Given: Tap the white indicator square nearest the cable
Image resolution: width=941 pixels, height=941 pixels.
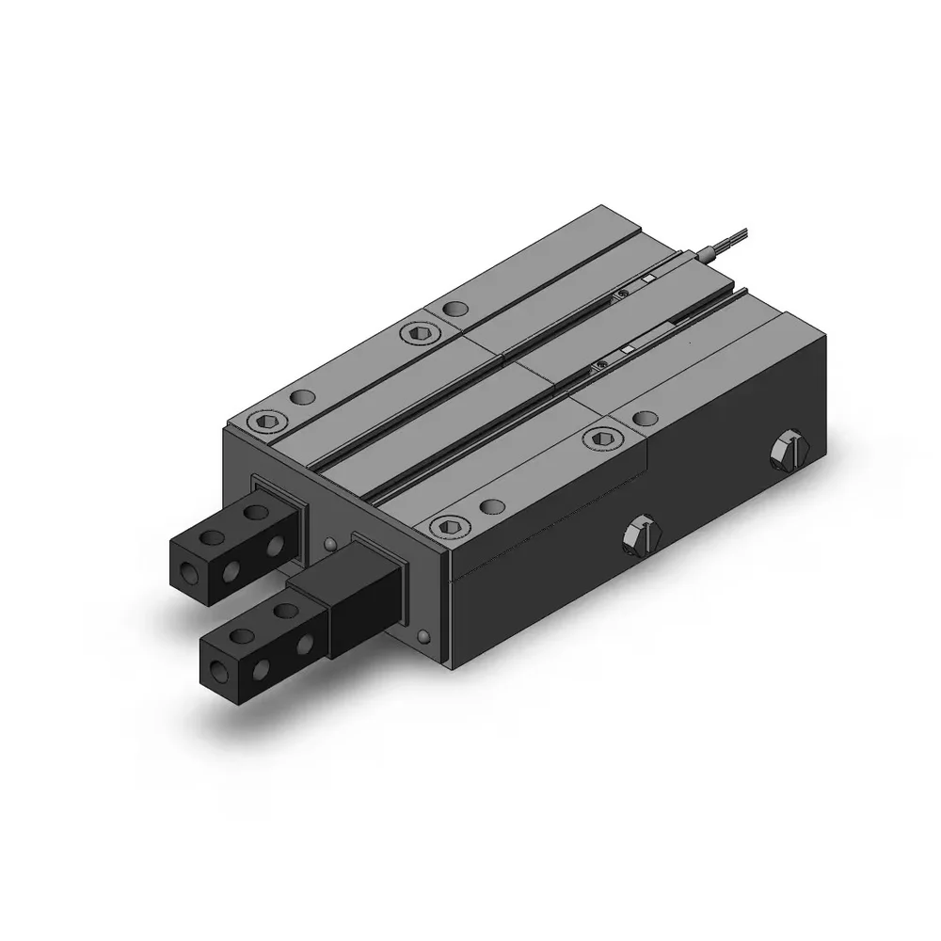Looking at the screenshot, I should [647, 279].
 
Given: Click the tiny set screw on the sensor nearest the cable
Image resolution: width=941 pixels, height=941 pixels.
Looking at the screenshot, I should [622, 295].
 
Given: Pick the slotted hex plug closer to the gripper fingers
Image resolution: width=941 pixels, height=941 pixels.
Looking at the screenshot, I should [643, 534].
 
